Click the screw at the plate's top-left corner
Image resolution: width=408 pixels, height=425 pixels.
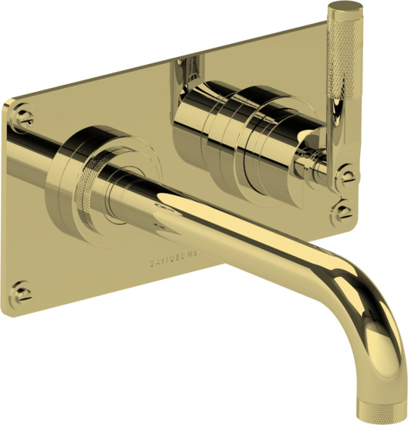[23, 116]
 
